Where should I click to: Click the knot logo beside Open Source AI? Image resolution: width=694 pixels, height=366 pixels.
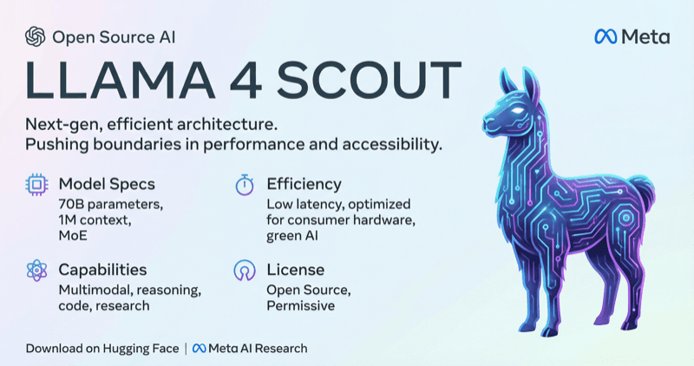point(36,36)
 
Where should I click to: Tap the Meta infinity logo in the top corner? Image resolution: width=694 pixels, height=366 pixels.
point(606,36)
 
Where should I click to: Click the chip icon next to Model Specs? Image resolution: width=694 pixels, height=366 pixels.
point(36,185)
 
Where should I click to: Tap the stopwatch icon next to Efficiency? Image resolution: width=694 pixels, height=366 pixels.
point(244,185)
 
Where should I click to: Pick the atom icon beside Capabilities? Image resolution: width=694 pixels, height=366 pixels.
point(36,271)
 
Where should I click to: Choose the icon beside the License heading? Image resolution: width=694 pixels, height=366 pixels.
point(244,271)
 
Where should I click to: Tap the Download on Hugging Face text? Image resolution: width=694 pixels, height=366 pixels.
point(101,349)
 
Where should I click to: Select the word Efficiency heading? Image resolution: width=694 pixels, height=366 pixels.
point(304,184)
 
